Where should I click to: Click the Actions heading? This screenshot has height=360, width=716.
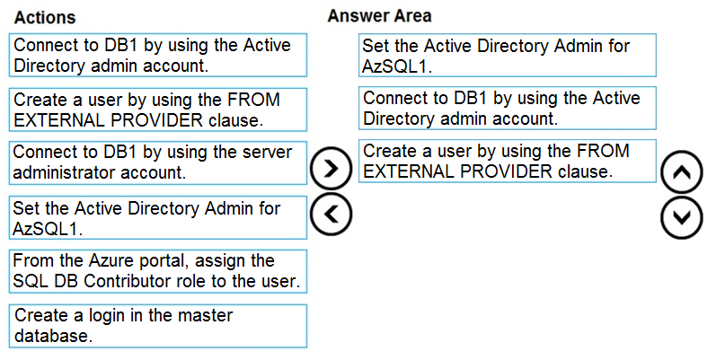point(45,17)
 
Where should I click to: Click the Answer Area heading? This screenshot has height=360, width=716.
point(379,16)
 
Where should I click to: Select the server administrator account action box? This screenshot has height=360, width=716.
point(158,162)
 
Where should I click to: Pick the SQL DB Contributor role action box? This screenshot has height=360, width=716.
point(158,271)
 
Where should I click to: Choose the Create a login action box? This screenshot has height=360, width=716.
point(158,326)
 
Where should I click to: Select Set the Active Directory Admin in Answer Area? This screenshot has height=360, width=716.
point(508,55)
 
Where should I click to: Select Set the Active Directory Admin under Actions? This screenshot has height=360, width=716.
point(158,217)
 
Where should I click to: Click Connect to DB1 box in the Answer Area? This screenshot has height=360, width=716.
point(508,108)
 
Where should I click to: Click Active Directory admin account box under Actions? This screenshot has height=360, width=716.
point(158,55)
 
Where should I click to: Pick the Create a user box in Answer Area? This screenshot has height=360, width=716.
point(508,161)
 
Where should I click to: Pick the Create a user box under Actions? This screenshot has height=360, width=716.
point(158,110)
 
